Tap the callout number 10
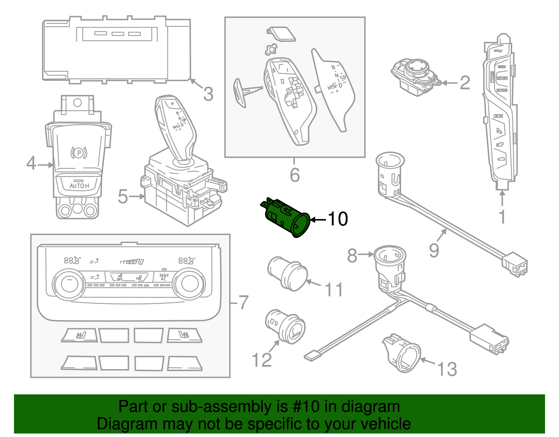coord(337,219)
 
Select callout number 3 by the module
coord(208,94)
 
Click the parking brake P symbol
coord(79,153)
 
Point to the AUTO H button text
coord(79,186)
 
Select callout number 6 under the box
coord(295,175)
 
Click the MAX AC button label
coord(164,277)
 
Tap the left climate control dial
coord(69,284)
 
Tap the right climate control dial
coord(189,284)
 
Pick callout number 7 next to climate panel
coord(243,303)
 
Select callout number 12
coord(261,360)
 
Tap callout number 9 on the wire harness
coord(434,251)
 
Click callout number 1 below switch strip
coord(502,217)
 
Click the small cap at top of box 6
coord(282,34)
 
